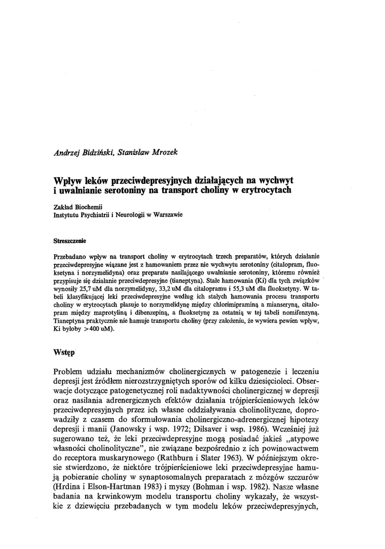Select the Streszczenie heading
71,241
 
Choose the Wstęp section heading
65,354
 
